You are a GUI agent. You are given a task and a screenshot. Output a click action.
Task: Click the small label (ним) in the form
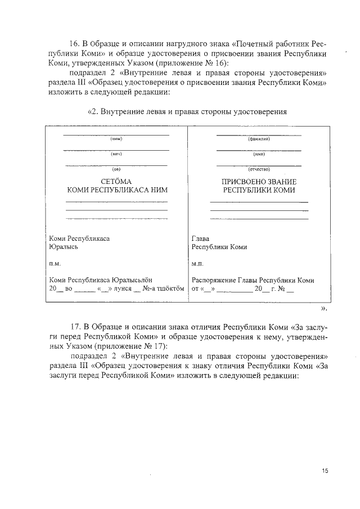[116, 139]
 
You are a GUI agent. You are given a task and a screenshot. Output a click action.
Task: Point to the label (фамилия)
[259, 139]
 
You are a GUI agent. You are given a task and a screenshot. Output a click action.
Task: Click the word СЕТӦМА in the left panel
[116, 182]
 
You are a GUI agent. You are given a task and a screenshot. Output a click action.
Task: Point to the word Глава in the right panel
[201, 238]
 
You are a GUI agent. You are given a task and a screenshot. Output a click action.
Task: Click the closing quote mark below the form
[323, 308]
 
